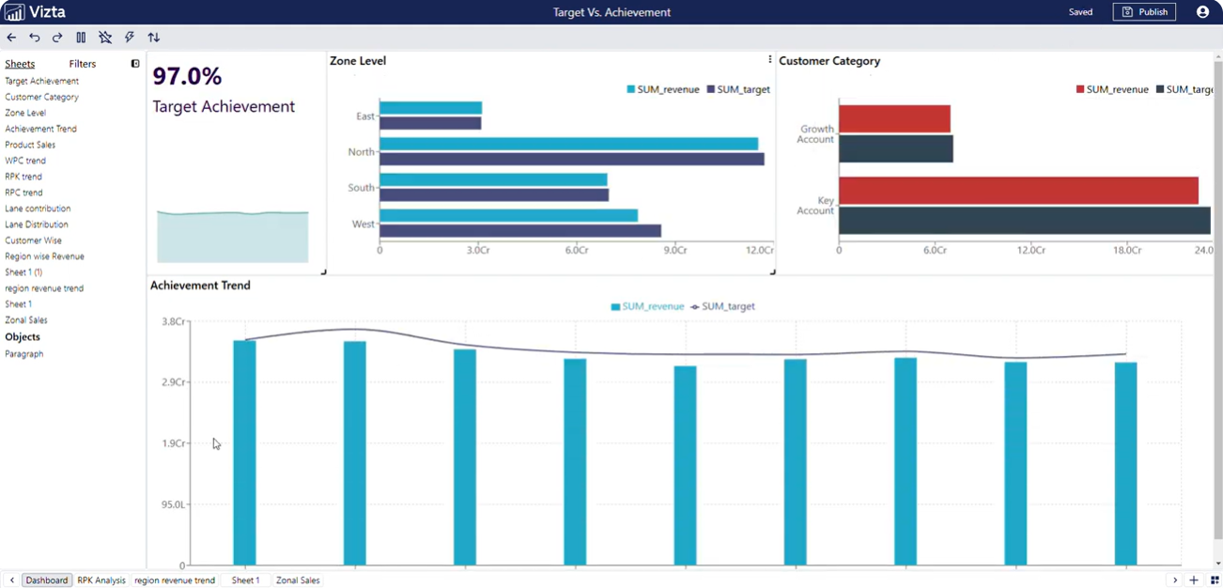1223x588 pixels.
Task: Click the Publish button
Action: pos(1144,12)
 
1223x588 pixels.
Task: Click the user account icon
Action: pos(1202,12)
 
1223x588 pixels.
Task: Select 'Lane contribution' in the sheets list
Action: pos(38,209)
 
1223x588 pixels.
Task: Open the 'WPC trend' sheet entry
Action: pos(25,161)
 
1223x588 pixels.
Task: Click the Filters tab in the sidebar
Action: pos(83,64)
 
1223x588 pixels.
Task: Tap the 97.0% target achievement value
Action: pos(187,76)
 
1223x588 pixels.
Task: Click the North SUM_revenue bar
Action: pos(568,144)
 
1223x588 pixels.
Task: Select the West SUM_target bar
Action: pos(519,231)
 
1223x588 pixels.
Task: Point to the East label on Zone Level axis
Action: pos(365,116)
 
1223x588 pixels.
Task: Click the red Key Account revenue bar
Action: pos(1018,191)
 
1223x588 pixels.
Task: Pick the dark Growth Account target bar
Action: pos(895,149)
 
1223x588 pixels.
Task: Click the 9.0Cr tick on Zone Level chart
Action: pos(674,251)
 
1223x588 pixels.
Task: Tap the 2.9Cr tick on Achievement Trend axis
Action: pos(173,382)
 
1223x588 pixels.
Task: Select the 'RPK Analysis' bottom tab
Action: pos(101,580)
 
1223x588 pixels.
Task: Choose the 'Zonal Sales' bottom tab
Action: pos(298,580)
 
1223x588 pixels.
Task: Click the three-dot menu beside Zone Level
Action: pos(770,60)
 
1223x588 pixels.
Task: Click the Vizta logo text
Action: pos(47,12)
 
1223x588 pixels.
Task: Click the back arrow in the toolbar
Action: pos(11,38)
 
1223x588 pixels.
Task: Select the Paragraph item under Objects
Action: pos(24,354)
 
